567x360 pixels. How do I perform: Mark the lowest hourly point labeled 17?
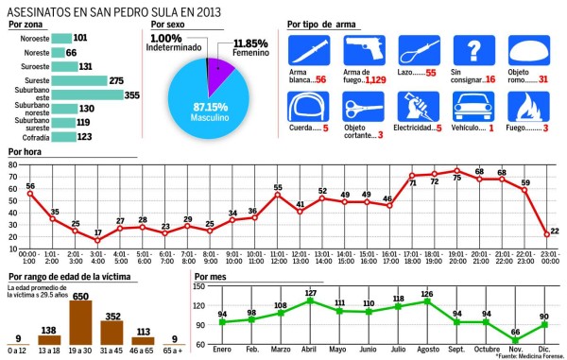[98, 241]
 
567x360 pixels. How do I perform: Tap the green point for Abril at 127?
[310, 301]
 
